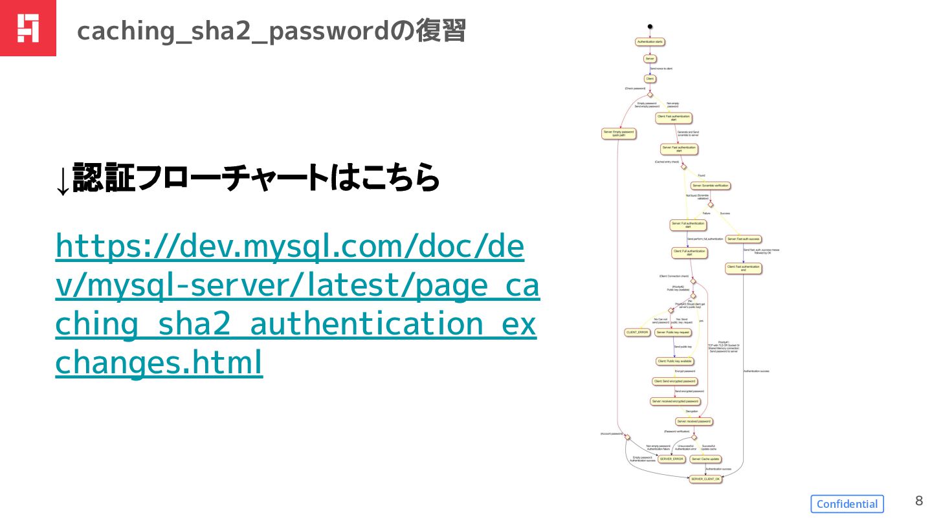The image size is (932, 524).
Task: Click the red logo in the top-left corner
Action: tap(28, 28)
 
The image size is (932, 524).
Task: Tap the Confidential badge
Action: tap(847, 504)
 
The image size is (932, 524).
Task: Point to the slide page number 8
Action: tap(918, 500)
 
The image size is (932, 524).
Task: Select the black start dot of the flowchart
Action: tap(649, 26)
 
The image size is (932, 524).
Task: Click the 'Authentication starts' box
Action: tap(650, 42)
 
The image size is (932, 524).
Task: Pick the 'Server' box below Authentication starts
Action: tap(650, 59)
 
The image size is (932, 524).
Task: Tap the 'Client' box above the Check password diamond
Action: tap(650, 79)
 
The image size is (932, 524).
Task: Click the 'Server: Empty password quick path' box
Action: tap(619, 134)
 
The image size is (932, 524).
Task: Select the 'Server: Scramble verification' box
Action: tap(711, 186)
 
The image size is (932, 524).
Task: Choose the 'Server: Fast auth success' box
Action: tap(743, 239)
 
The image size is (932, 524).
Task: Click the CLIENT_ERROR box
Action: tap(637, 333)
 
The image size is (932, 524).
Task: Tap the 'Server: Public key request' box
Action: tap(673, 333)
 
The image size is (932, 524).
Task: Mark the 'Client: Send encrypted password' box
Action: tap(674, 381)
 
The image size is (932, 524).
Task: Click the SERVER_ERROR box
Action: tap(671, 459)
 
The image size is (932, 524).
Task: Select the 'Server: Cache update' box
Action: tap(705, 459)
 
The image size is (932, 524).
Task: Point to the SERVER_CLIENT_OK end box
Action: tap(705, 479)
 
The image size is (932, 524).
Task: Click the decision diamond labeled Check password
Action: tap(650, 94)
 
